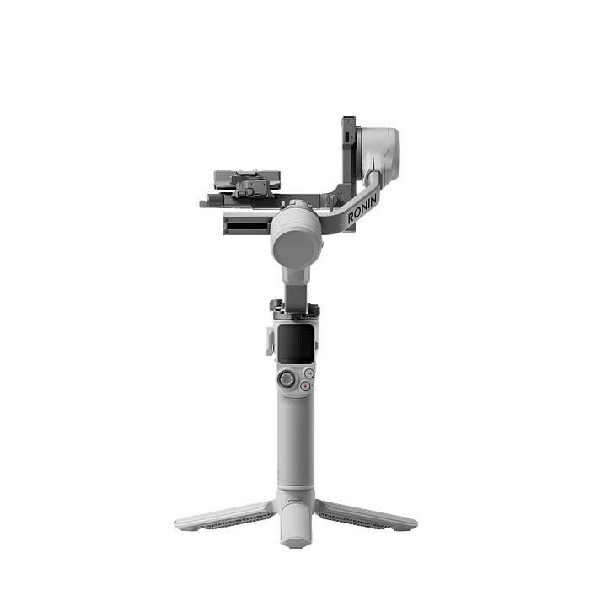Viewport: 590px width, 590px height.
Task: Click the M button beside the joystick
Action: (x=308, y=370)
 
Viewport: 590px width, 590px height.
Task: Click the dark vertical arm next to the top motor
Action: (x=346, y=152)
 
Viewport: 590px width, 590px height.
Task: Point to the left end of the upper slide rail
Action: (x=204, y=201)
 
